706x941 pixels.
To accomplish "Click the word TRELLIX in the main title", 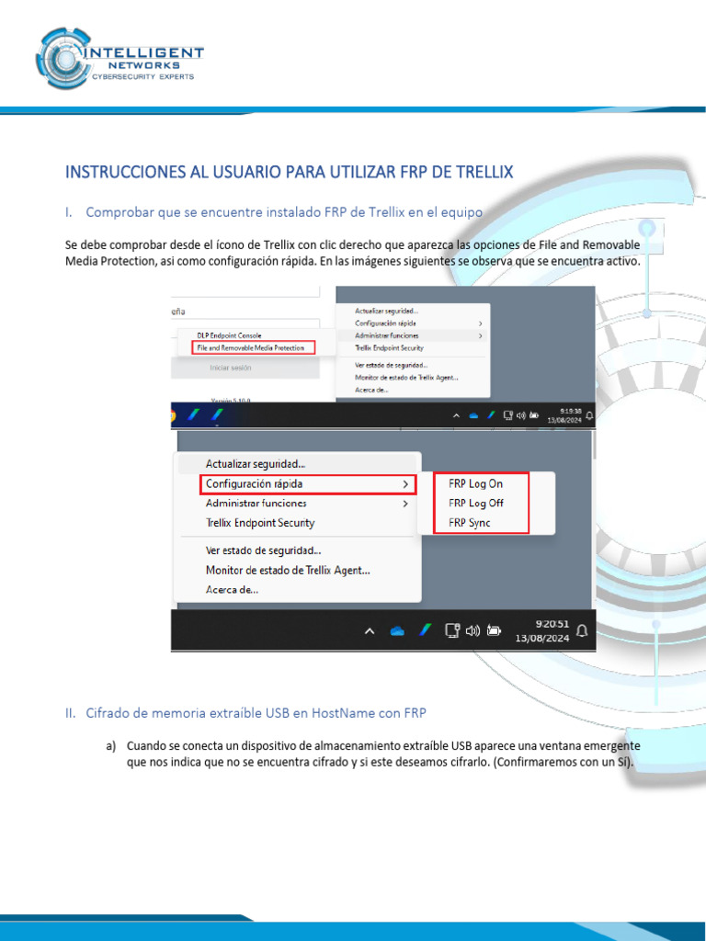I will click(x=479, y=172).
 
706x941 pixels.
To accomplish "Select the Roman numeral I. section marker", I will click(x=69, y=212).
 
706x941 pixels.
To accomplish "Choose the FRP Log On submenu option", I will click(x=475, y=483).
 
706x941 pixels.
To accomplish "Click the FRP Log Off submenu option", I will click(x=476, y=504).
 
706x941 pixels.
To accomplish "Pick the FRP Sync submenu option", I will click(x=469, y=523).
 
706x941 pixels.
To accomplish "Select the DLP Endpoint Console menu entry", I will click(x=229, y=335).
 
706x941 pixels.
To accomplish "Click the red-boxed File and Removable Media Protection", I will click(x=254, y=348).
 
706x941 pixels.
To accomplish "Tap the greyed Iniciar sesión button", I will click(x=231, y=368).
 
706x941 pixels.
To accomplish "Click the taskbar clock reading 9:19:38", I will click(x=564, y=411).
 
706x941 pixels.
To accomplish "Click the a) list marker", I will click(x=110, y=746).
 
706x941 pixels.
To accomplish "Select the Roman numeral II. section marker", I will click(x=71, y=713).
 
